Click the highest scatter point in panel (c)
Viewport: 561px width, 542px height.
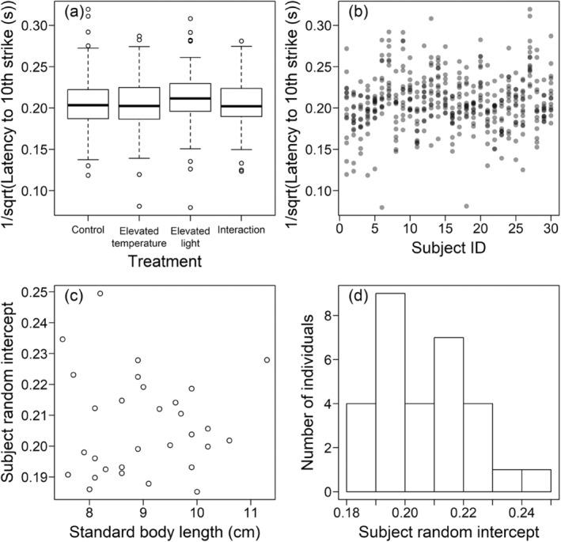pos(100,294)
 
